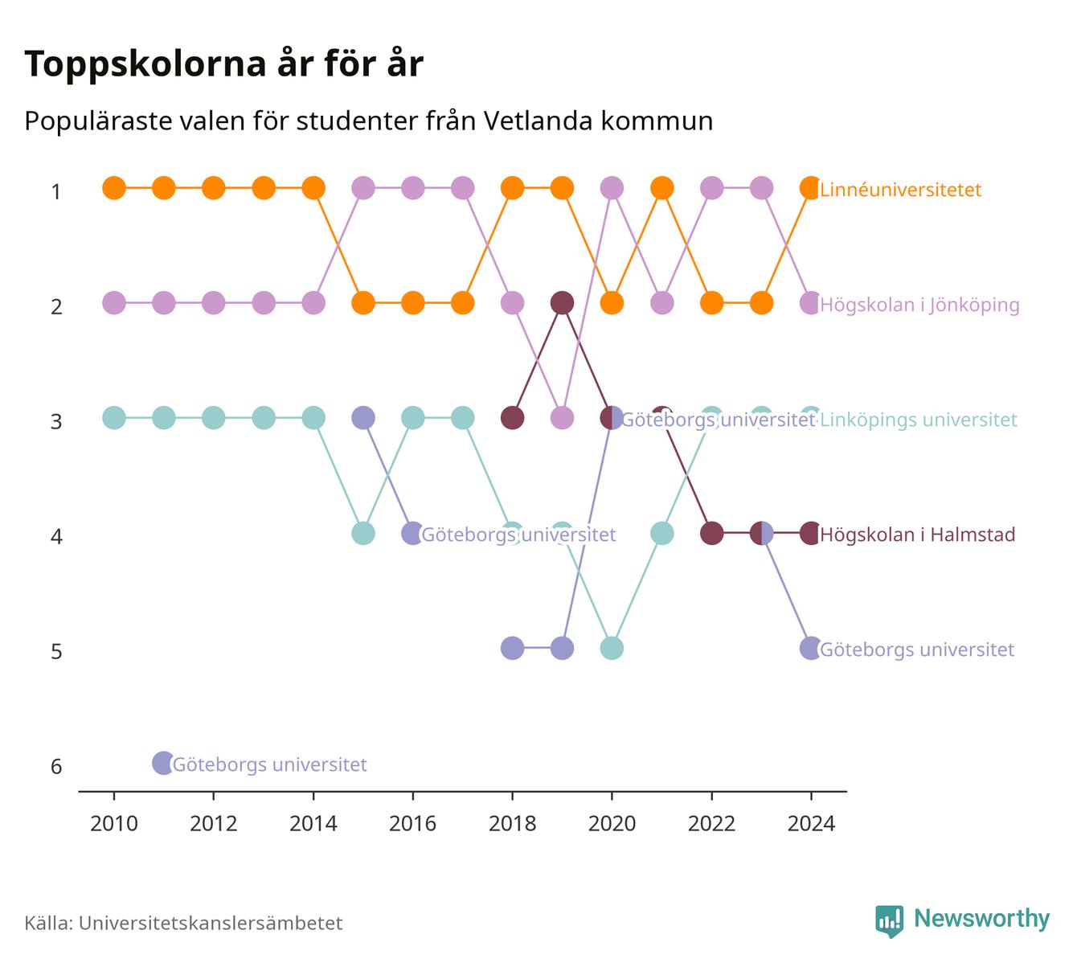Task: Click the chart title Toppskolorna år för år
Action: point(223,64)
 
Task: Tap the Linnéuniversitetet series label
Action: point(900,190)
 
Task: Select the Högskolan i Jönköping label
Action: point(919,305)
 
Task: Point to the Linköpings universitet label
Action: point(918,420)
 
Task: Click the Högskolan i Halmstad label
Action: point(918,535)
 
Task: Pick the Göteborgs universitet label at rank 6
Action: point(269,764)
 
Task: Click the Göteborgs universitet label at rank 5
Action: point(917,650)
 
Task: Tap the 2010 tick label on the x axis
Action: point(114,824)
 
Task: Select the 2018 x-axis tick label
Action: point(513,824)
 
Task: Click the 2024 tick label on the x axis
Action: point(811,824)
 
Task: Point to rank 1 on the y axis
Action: point(56,191)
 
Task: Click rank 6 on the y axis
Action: point(56,766)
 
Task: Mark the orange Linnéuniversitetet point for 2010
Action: point(114,188)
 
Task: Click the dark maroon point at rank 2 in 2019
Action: point(563,303)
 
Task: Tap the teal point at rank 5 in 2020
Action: point(612,648)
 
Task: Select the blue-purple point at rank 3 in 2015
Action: point(363,418)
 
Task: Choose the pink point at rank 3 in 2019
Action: point(563,418)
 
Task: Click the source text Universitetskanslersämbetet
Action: point(211,923)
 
